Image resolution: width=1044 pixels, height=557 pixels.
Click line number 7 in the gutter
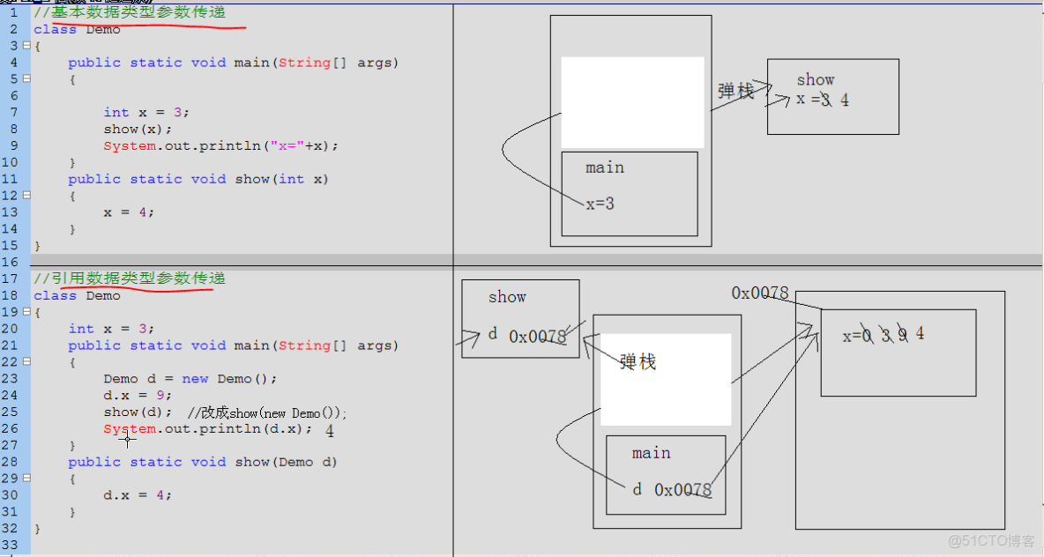tap(14, 113)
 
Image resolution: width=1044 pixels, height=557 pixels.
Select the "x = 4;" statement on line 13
tap(129, 212)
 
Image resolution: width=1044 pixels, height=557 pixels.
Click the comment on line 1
tap(130, 12)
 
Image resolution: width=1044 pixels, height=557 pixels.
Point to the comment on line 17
tap(130, 278)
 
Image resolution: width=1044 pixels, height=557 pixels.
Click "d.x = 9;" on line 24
tap(138, 396)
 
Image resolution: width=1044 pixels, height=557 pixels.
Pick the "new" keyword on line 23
tap(195, 379)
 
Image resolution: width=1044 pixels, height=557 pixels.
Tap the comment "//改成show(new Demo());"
tap(268, 412)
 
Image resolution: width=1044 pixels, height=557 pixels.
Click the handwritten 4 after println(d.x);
tap(330, 431)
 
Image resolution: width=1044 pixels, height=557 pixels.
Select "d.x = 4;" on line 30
tap(138, 495)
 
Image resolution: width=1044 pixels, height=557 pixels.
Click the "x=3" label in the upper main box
tap(600, 204)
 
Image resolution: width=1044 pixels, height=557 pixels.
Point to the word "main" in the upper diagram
tap(605, 167)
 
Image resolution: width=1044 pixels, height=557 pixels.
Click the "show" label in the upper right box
tap(816, 80)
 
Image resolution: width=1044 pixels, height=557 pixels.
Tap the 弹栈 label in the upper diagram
tap(735, 91)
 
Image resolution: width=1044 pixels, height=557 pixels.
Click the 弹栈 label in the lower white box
tap(638, 361)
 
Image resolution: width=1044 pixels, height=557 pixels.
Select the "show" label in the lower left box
tap(507, 297)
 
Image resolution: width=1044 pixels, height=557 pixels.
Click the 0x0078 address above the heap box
tap(760, 293)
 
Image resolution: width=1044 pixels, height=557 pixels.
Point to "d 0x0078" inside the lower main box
tap(672, 490)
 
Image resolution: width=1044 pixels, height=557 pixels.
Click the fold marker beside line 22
tap(26, 361)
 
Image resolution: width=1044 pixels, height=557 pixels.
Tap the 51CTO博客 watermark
tap(991, 540)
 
